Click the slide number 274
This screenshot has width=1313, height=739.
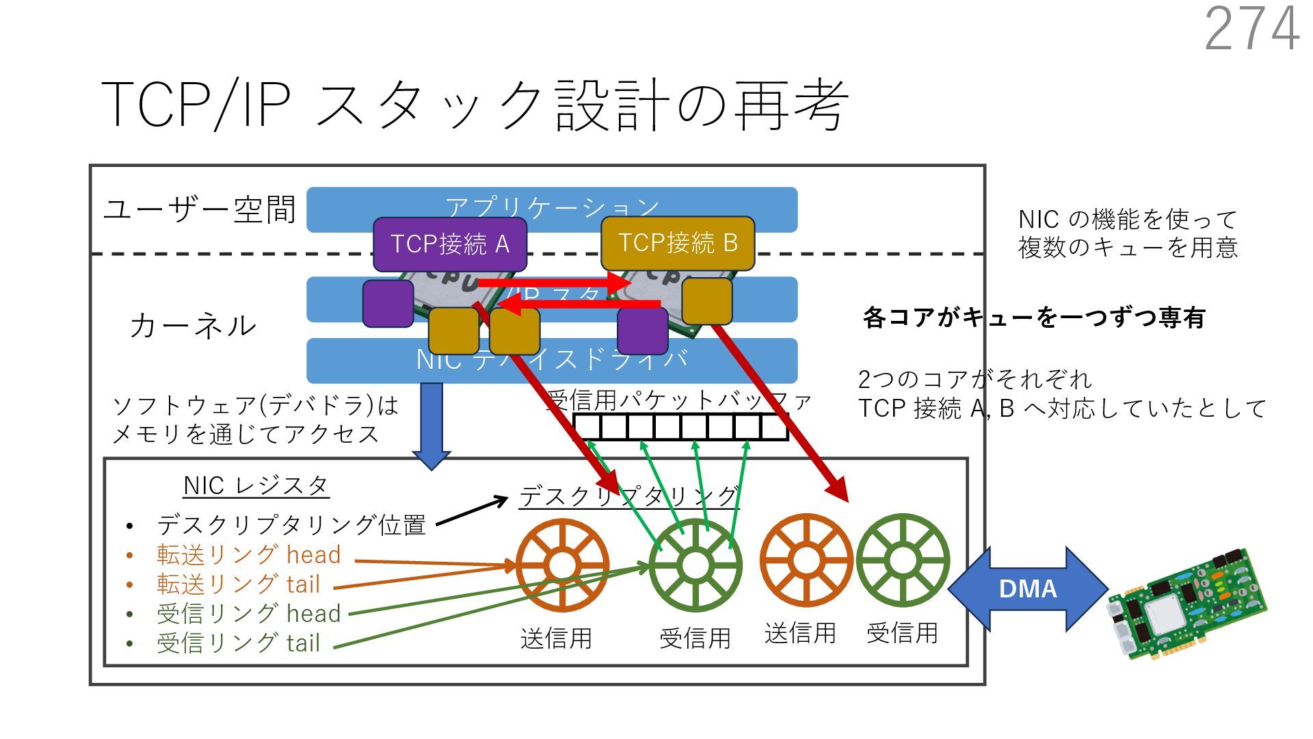[1251, 29]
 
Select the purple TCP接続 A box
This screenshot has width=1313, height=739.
[449, 244]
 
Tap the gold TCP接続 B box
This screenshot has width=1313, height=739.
[678, 243]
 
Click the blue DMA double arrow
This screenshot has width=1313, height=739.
[1027, 588]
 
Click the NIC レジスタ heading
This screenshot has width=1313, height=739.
[256, 486]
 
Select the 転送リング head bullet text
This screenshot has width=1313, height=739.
[248, 554]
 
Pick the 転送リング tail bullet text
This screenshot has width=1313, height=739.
[238, 584]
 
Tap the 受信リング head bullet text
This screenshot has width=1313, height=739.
[248, 613]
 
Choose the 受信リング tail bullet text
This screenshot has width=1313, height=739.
[238, 643]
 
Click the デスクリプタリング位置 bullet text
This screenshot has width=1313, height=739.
[291, 525]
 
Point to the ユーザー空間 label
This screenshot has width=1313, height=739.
[199, 209]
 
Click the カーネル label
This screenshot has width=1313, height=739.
[193, 326]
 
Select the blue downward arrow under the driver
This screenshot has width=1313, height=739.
[431, 424]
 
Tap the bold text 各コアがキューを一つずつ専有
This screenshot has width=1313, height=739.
[1033, 317]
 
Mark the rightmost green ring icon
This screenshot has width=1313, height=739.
[903, 560]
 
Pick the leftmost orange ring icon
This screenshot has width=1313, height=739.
[562, 565]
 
